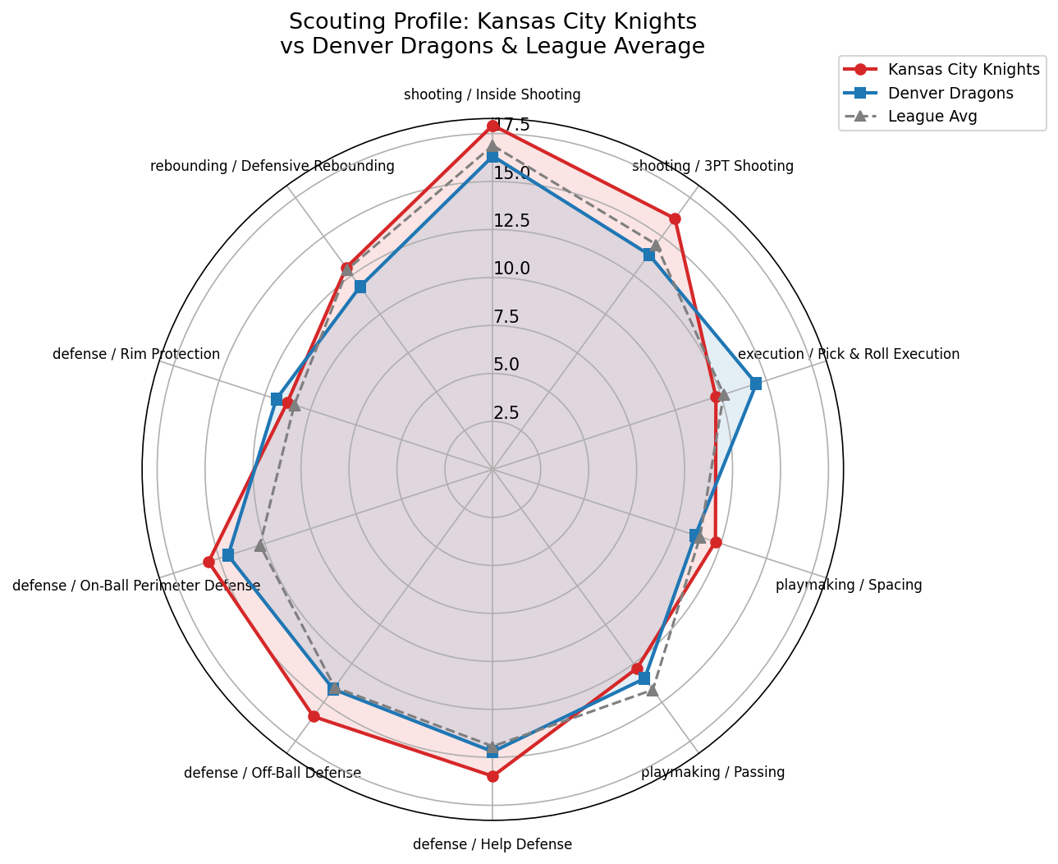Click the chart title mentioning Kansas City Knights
point(492,34)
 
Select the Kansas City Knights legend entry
point(964,69)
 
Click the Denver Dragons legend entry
point(950,93)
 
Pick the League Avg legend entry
point(932,117)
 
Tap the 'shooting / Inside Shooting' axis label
point(492,94)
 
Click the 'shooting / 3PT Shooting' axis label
point(712,166)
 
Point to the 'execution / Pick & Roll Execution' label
point(849,354)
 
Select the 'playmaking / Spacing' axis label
point(849,585)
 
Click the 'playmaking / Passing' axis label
point(712,772)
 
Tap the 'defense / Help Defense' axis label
point(492,844)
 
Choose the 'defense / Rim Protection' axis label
point(136,354)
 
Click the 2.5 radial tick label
point(506,412)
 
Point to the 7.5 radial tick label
point(506,316)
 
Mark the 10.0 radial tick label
point(511,269)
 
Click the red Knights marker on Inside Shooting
point(492,126)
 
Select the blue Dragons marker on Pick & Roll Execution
point(756,384)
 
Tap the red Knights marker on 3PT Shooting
point(675,218)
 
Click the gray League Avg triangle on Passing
point(653,690)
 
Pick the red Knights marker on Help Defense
point(492,776)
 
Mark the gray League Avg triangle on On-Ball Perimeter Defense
point(260,545)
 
